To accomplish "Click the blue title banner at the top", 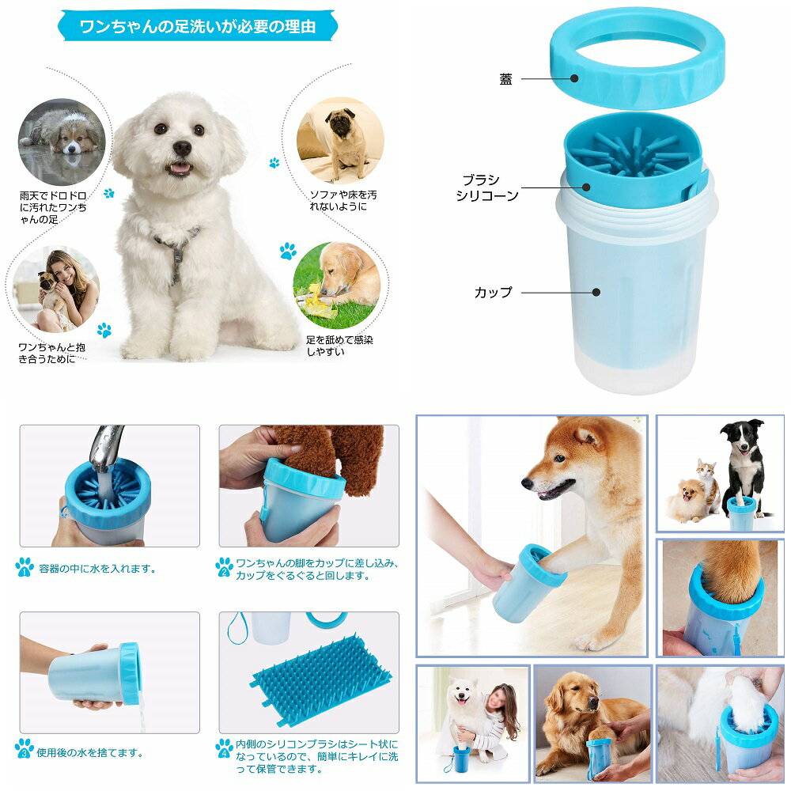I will tap(198, 26).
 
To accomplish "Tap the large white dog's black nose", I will tap(182, 148).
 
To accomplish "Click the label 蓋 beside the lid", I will tap(505, 79).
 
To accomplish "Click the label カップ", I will tap(493, 292).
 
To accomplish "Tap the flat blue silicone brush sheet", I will tap(320, 676).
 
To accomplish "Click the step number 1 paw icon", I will tap(25, 567).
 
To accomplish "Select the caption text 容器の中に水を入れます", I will tap(98, 568).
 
